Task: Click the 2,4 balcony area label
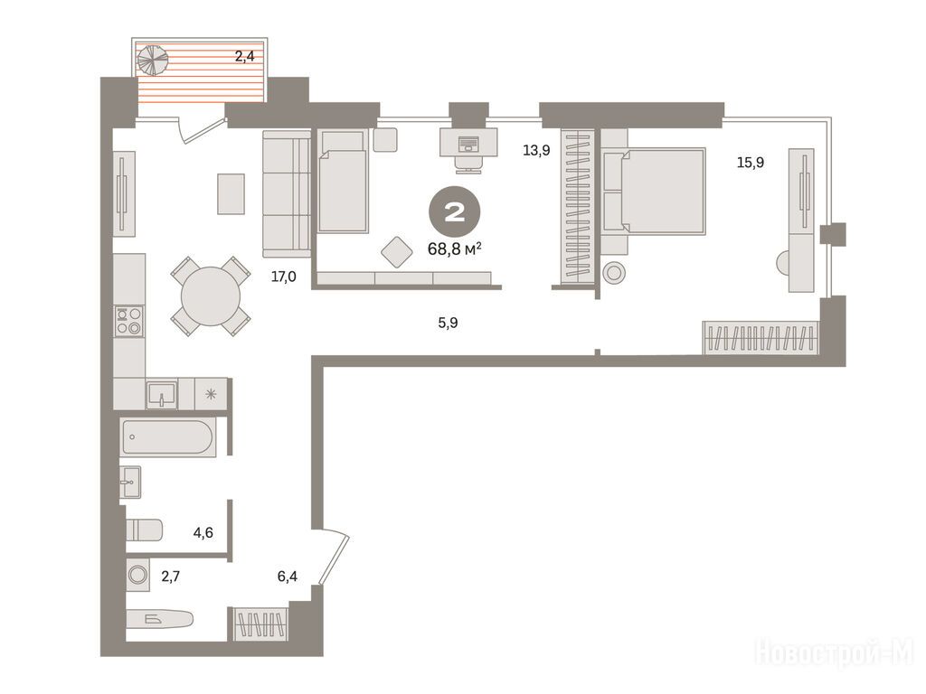244,57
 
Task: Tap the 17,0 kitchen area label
283,277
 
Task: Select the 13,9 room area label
536,151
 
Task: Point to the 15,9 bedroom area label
750,163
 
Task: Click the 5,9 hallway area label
449,323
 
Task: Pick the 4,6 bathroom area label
203,533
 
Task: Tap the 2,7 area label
171,576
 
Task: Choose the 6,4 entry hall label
288,576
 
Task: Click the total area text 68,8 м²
454,249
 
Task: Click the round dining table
211,296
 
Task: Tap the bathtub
167,437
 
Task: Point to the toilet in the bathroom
144,530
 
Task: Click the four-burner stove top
129,321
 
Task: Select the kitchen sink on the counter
162,394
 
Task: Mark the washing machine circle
138,574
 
